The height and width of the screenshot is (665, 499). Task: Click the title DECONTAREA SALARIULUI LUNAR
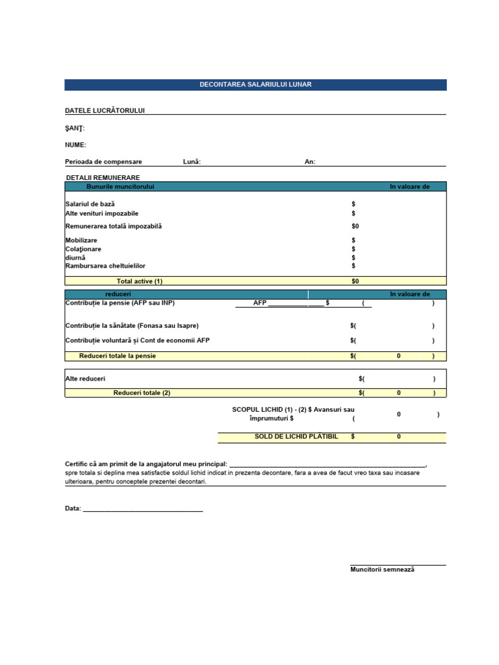pyautogui.click(x=255, y=85)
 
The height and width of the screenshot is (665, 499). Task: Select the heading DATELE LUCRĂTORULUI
pyautogui.click(x=105, y=110)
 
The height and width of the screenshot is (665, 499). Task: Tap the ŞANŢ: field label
pyautogui.click(x=75, y=128)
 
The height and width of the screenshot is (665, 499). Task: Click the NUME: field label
pyautogui.click(x=75, y=145)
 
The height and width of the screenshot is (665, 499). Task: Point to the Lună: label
pyautogui.click(x=192, y=162)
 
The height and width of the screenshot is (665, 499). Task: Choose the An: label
pyautogui.click(x=310, y=162)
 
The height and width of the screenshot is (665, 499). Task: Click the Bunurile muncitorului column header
pyautogui.click(x=120, y=187)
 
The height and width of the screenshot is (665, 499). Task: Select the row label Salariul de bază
pyautogui.click(x=90, y=204)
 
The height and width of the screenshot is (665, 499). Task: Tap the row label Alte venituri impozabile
pyautogui.click(x=101, y=213)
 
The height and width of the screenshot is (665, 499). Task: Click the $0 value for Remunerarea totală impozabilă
pyautogui.click(x=355, y=226)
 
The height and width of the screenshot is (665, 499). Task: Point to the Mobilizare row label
pyautogui.click(x=81, y=240)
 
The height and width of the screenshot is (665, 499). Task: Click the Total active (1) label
pyautogui.click(x=139, y=281)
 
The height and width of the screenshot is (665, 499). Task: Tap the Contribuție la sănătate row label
pyautogui.click(x=132, y=325)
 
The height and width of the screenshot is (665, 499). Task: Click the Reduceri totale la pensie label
pyautogui.click(x=117, y=356)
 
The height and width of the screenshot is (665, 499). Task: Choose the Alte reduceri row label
pyautogui.click(x=85, y=379)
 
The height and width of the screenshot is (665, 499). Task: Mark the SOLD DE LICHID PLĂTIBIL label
pyautogui.click(x=296, y=437)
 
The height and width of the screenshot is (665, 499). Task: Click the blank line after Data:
pyautogui.click(x=143, y=508)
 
